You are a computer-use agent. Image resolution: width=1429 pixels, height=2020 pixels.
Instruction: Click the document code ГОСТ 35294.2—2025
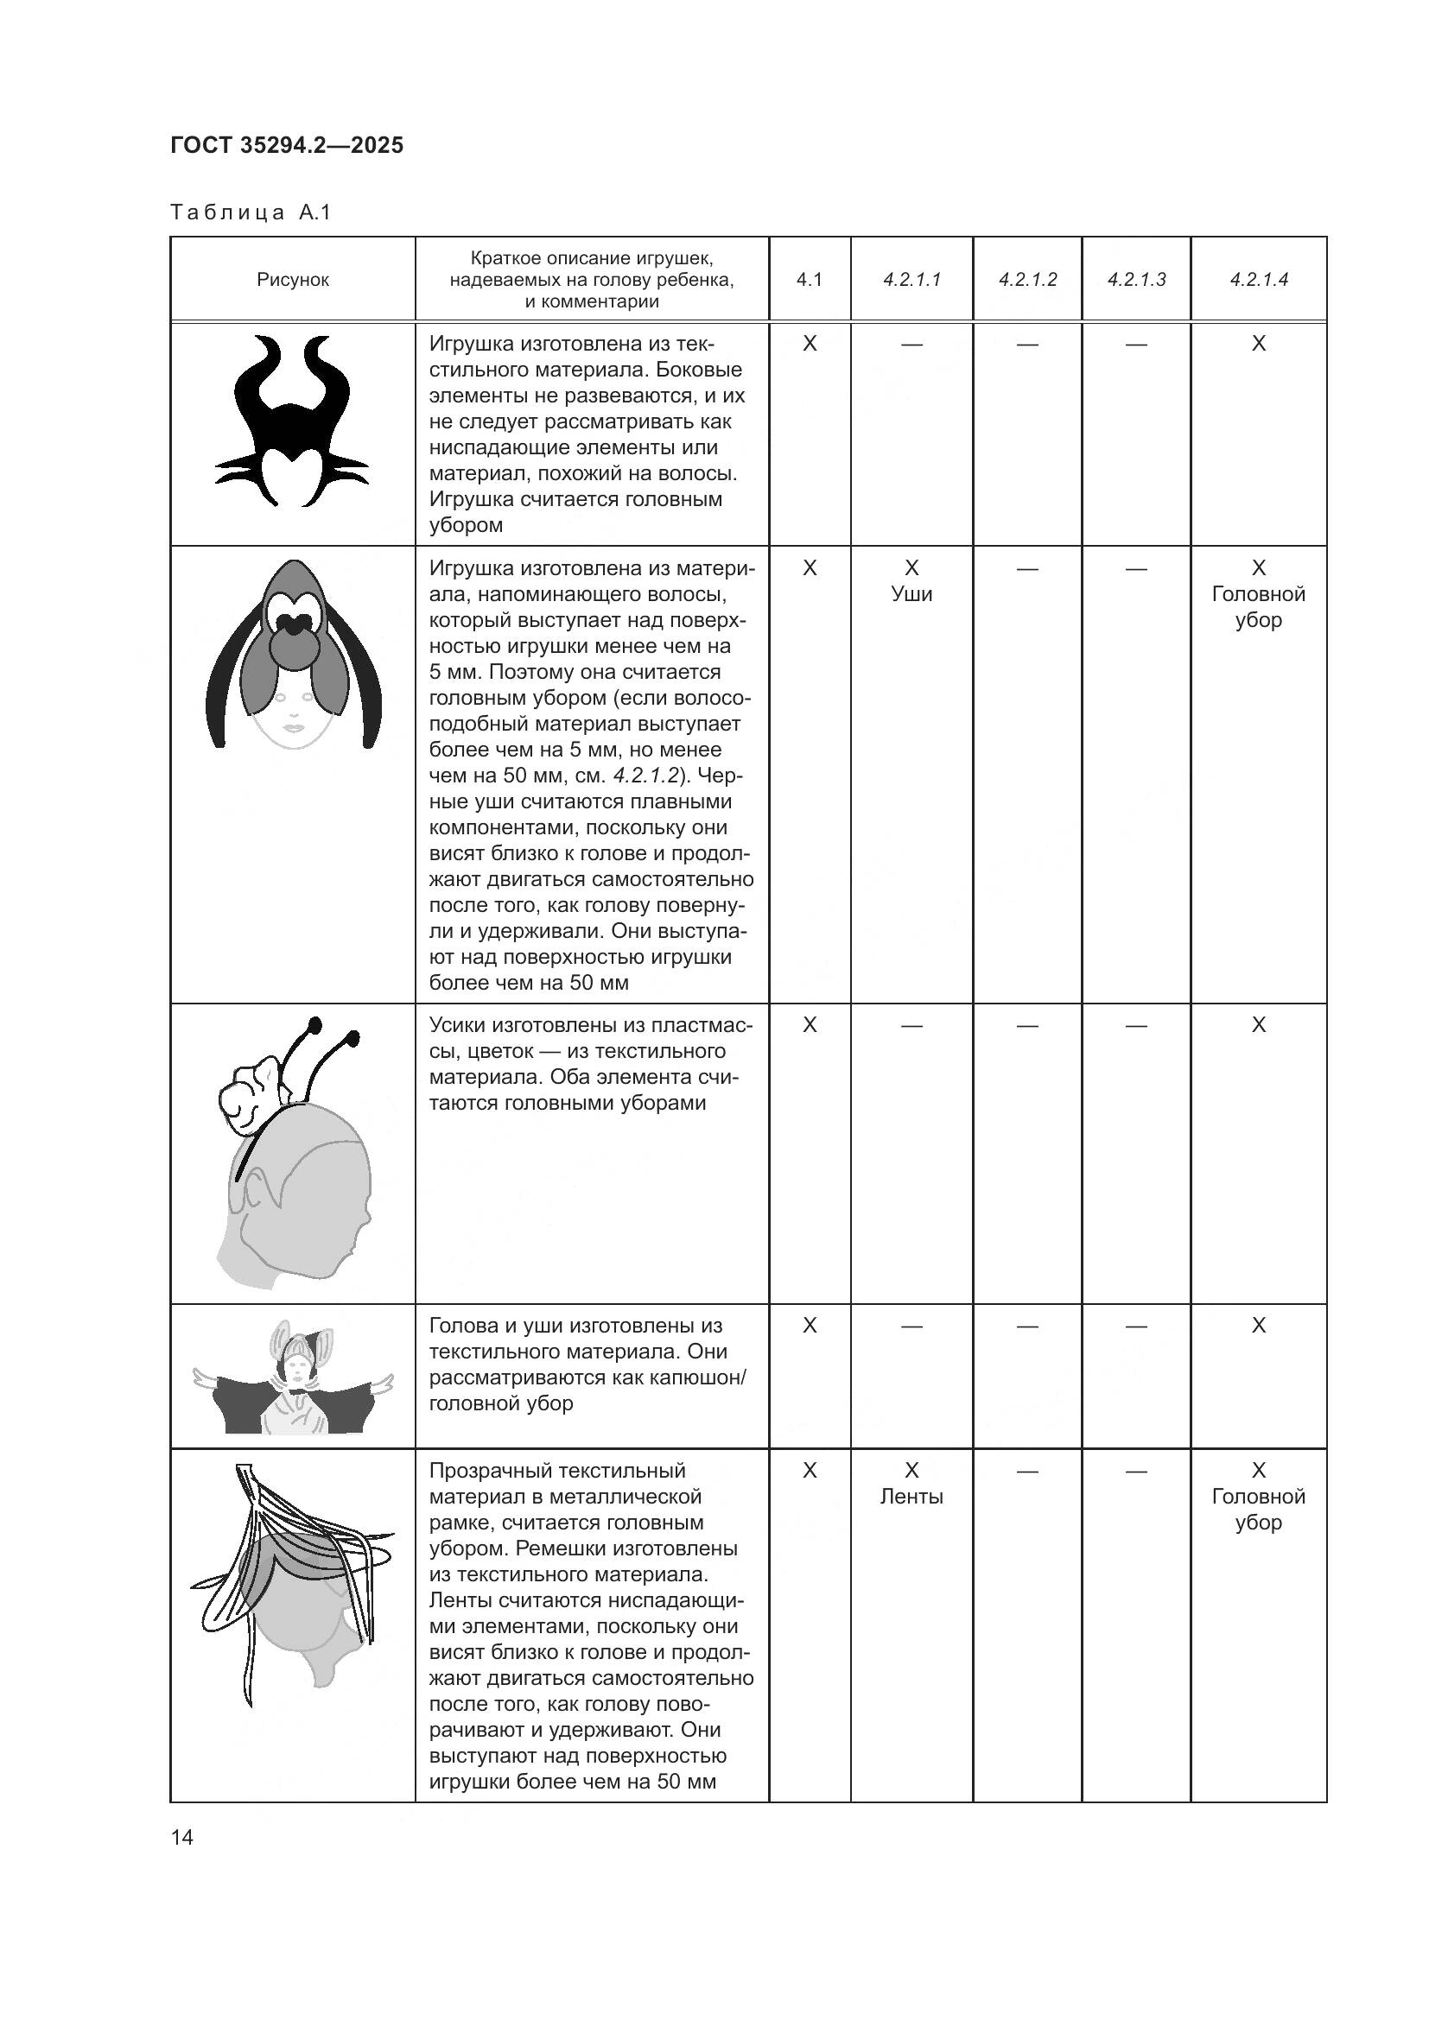[287, 145]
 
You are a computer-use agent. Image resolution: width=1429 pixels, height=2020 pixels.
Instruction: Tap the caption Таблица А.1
[251, 213]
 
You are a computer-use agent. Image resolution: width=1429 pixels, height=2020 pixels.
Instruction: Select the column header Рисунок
[293, 280]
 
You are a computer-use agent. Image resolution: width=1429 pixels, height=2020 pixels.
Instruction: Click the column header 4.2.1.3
[1136, 280]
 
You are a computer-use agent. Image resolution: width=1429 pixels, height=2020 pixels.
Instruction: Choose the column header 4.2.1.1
[911, 280]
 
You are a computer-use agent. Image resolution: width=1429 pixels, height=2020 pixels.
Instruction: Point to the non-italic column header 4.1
[810, 280]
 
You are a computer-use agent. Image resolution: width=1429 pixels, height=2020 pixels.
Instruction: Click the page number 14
[182, 1837]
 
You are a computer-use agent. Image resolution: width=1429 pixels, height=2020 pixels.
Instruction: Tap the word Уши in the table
[911, 594]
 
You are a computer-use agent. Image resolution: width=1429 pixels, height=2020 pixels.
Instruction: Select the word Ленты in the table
[911, 1497]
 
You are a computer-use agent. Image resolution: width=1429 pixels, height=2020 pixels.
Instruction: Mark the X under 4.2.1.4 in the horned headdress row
[1258, 344]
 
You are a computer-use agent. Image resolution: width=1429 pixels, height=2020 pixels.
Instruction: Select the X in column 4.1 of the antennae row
[810, 1025]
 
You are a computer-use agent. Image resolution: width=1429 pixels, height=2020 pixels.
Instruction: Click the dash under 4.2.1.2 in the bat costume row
[1027, 1326]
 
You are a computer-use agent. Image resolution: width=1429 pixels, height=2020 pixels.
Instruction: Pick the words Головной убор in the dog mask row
[1258, 607]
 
